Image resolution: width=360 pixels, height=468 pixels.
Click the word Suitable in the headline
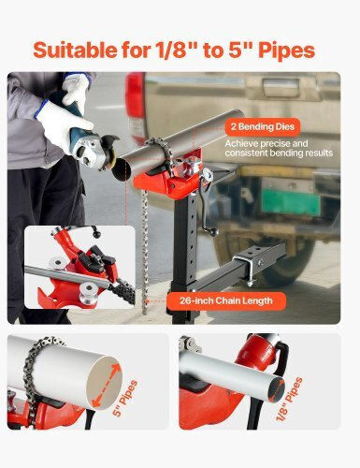point(76,50)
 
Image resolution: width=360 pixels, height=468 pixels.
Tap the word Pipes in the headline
point(287,51)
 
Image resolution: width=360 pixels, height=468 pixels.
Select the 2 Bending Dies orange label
point(263,127)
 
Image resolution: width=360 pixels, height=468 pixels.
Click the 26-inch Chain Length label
point(226,301)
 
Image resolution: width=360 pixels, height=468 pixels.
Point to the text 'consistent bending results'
point(279,154)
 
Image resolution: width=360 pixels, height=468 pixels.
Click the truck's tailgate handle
point(281,87)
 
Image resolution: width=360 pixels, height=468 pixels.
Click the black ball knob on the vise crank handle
point(213,232)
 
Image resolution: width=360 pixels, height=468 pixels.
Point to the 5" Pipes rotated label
point(125,399)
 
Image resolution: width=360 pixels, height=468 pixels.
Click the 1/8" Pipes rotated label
point(289,399)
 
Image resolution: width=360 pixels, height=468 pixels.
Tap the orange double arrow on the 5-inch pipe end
point(107,387)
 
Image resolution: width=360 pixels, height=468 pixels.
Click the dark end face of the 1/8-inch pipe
point(276,389)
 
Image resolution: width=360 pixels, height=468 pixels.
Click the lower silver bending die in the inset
point(86,292)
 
